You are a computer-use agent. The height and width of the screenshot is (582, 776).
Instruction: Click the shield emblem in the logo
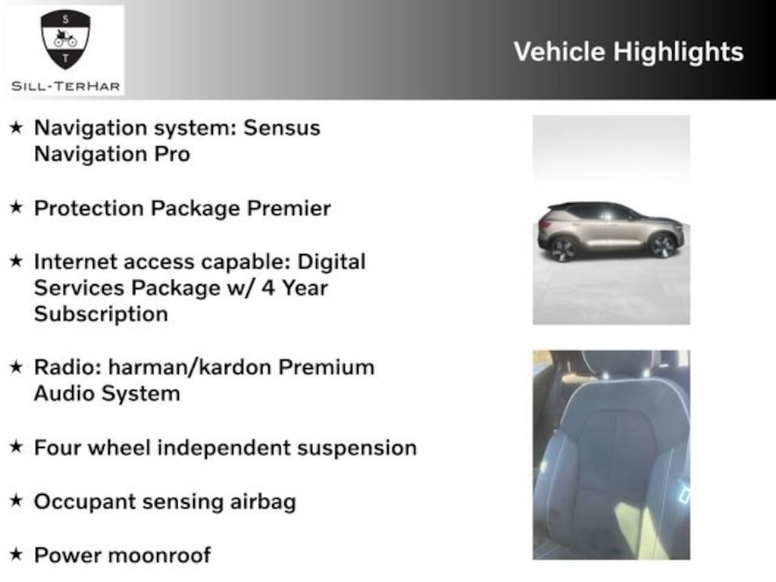click(65, 39)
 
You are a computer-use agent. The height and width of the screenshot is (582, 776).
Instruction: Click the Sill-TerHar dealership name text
click(66, 86)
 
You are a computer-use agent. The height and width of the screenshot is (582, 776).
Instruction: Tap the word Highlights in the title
click(678, 52)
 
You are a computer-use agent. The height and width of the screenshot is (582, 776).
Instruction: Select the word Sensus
click(282, 127)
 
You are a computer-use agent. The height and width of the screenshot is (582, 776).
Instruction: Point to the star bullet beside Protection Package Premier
click(17, 207)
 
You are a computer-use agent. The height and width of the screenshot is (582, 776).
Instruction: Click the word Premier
click(289, 208)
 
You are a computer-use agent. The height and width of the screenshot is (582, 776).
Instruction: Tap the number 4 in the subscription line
click(268, 288)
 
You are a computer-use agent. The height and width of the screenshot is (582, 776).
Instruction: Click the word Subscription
click(101, 314)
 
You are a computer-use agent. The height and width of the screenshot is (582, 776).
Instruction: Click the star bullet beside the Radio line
click(17, 367)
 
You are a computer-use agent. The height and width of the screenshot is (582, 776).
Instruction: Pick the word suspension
click(357, 449)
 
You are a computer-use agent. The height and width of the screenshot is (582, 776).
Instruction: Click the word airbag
click(263, 502)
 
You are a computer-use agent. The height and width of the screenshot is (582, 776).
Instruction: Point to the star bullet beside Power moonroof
click(17, 554)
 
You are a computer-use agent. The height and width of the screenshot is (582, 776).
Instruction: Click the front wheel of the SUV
click(663, 246)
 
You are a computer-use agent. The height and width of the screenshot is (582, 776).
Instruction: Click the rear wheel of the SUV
click(563, 249)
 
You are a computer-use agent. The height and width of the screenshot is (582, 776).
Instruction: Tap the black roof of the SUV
click(594, 205)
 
